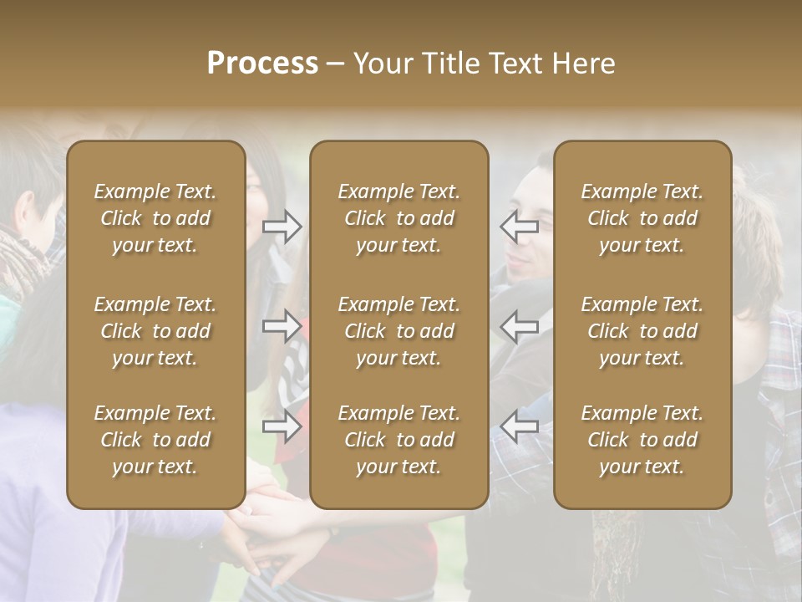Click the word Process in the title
pyautogui.click(x=262, y=63)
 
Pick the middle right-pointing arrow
pyautogui.click(x=282, y=326)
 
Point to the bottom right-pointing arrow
pyautogui.click(x=282, y=426)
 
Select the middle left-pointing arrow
pyautogui.click(x=519, y=326)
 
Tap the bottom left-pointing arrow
pyautogui.click(x=519, y=426)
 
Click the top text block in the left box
pyautogui.click(x=155, y=218)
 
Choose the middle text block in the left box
pyautogui.click(x=155, y=331)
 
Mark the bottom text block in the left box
pyautogui.click(x=155, y=440)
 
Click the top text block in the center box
pyautogui.click(x=399, y=218)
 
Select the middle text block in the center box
pyautogui.click(x=399, y=331)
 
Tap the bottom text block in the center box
pyautogui.click(x=399, y=440)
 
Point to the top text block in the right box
pyautogui.click(x=642, y=218)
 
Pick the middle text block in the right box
pyautogui.click(x=642, y=331)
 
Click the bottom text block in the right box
pyautogui.click(x=642, y=440)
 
